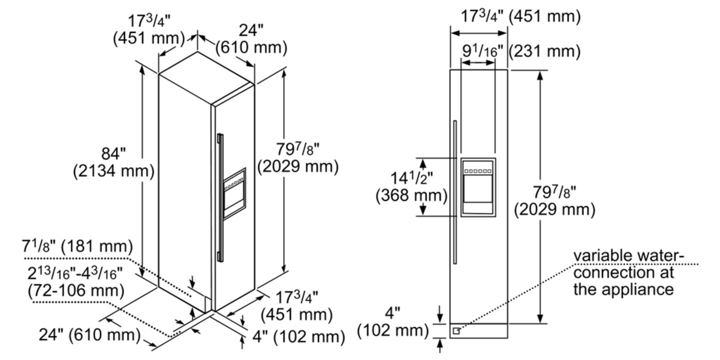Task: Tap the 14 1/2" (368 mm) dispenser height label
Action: (411, 187)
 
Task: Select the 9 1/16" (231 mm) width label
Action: (521, 51)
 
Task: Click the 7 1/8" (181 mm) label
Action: (77, 247)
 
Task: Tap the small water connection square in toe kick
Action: (456, 330)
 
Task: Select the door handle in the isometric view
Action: (220, 197)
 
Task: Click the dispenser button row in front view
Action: (478, 171)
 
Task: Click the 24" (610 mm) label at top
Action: (251, 39)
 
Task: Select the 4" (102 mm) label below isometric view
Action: (298, 337)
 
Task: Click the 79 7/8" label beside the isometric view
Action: (298, 158)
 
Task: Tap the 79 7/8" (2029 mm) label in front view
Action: (554, 201)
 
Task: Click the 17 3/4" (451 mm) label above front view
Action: (521, 17)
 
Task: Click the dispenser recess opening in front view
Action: (478, 189)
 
